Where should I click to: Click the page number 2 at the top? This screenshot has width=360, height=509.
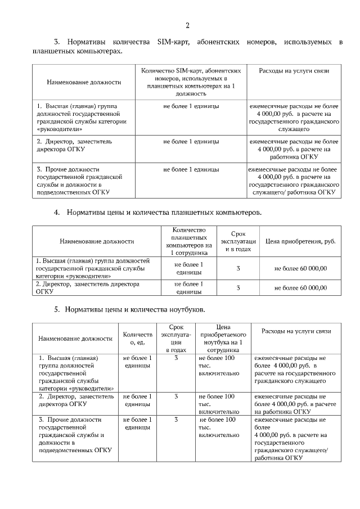pos(187,25)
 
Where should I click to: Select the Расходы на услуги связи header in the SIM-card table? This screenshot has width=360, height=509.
pos(294,71)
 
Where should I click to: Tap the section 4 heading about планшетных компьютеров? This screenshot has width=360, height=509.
pos(164,213)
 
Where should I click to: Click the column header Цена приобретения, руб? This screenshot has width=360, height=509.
pos(300,241)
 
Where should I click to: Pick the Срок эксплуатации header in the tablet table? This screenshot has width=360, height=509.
pos(238,241)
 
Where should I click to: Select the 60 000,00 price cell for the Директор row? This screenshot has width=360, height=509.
pos(300,287)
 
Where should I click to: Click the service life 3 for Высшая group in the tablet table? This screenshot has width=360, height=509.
pos(238,268)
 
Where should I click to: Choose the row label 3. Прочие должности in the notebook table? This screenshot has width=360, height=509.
pos(71,435)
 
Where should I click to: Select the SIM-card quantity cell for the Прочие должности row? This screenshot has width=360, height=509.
pos(191,169)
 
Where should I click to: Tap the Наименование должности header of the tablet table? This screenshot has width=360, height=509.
pos(96,241)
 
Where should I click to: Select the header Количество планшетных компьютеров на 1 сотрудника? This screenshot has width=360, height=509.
pos(188,241)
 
